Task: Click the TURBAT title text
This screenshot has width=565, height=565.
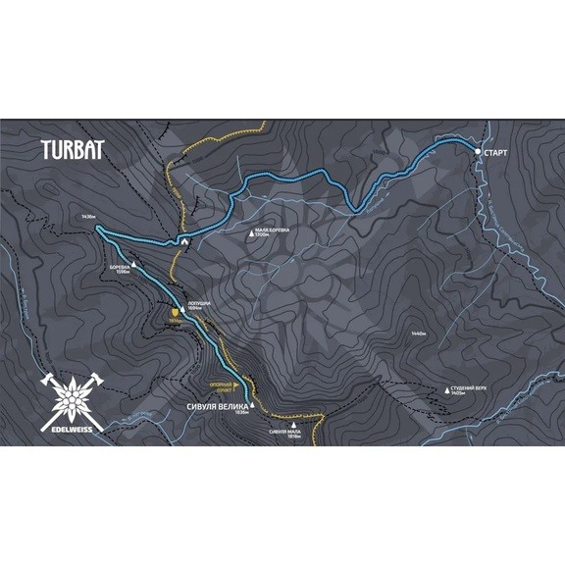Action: tap(74, 152)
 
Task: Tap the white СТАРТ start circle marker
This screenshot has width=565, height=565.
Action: tap(478, 152)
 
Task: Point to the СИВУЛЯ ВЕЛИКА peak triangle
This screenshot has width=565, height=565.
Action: tap(252, 403)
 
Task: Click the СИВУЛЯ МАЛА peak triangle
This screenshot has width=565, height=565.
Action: tap(294, 425)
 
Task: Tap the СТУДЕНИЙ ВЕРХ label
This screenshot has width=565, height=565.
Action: tap(470, 389)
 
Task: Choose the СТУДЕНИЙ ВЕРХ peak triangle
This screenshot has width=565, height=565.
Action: tap(448, 389)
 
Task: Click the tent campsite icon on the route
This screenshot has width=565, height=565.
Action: tap(183, 238)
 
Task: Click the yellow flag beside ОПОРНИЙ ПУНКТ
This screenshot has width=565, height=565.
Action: tap(235, 385)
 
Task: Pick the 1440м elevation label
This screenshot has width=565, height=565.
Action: tap(419, 334)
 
